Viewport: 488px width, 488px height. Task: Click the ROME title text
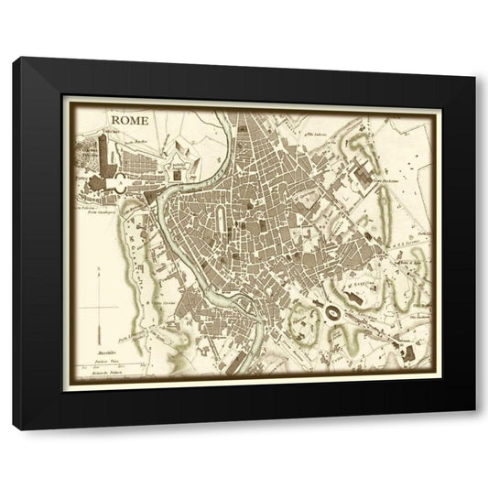tap(130, 119)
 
